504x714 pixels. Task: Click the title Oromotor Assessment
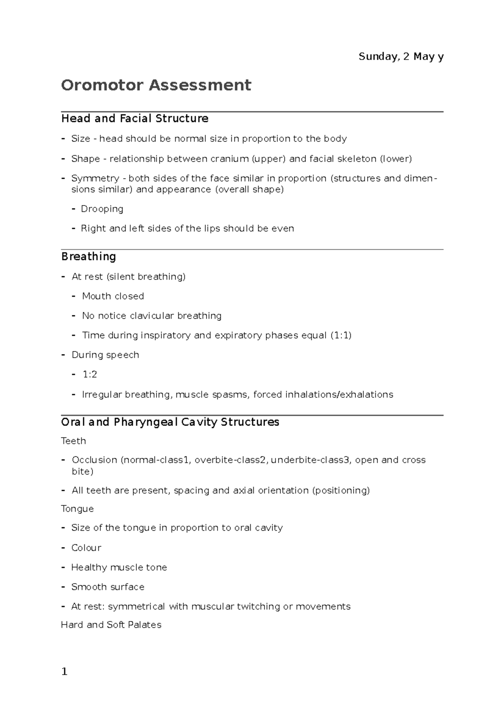[x=156, y=85]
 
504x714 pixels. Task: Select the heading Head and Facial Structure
[x=135, y=119]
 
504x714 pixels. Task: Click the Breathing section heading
[x=89, y=257]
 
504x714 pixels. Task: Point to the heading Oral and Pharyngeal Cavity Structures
[x=170, y=422]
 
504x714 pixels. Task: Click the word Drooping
[x=102, y=209]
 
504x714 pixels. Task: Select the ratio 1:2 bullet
[x=89, y=374]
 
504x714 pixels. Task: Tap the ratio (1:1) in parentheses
[x=341, y=335]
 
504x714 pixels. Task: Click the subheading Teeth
[x=73, y=441]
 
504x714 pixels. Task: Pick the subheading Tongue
[x=77, y=509]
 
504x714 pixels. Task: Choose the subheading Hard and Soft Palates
[x=111, y=625]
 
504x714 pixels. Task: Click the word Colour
[x=86, y=547]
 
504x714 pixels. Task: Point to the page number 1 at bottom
[x=64, y=672]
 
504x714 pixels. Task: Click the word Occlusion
[x=94, y=460]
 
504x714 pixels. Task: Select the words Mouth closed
[x=113, y=296]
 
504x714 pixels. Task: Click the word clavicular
[x=152, y=316]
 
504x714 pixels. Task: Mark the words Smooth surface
[x=108, y=587]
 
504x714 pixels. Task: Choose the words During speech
[x=105, y=355]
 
